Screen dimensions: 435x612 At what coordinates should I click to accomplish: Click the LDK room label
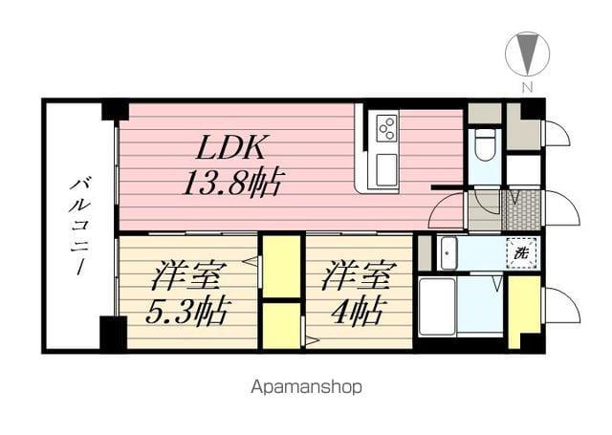click(x=234, y=148)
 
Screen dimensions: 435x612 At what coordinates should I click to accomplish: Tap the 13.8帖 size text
click(x=232, y=182)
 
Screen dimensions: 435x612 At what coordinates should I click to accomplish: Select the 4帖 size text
click(x=355, y=311)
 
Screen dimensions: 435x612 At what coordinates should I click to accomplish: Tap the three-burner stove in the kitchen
click(x=386, y=128)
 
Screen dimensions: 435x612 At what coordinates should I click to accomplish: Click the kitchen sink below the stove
click(x=386, y=169)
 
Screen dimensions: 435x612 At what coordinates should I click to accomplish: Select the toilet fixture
click(x=485, y=144)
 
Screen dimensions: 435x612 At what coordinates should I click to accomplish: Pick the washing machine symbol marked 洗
click(x=521, y=254)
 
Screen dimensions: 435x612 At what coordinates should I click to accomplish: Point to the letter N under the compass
click(x=526, y=88)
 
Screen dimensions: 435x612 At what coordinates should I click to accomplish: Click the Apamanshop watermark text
click(x=306, y=387)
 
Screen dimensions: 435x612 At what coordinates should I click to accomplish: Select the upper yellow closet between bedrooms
click(x=282, y=266)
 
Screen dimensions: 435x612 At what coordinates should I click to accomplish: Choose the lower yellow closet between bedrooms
click(x=282, y=325)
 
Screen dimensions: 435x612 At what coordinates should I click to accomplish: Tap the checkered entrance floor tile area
click(x=522, y=209)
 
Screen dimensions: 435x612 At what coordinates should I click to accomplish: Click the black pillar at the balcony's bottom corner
click(x=113, y=333)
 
